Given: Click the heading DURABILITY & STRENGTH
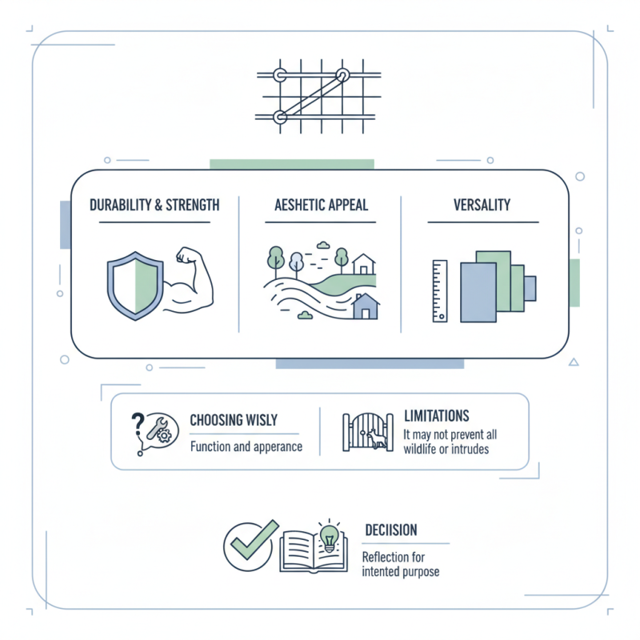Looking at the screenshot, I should tap(154, 205).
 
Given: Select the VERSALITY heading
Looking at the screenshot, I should tap(481, 205).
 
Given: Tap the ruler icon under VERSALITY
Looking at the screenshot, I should tap(440, 290).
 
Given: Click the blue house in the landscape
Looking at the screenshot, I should tap(366, 306).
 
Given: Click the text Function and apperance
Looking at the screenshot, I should tap(246, 446).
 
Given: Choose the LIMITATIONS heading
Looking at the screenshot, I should tap(436, 416).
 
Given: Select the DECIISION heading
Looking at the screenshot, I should tap(390, 530).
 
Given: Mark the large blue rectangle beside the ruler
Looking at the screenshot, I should tap(478, 291).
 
